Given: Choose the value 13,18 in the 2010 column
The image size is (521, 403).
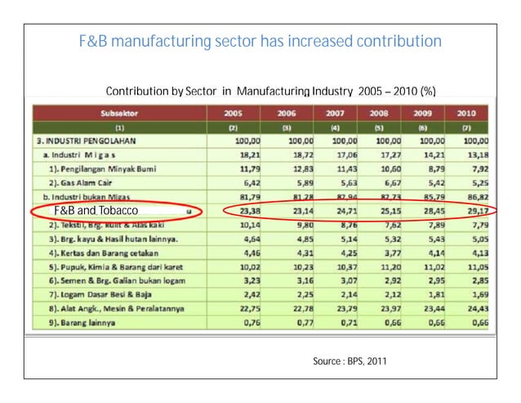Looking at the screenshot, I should coord(475,154).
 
